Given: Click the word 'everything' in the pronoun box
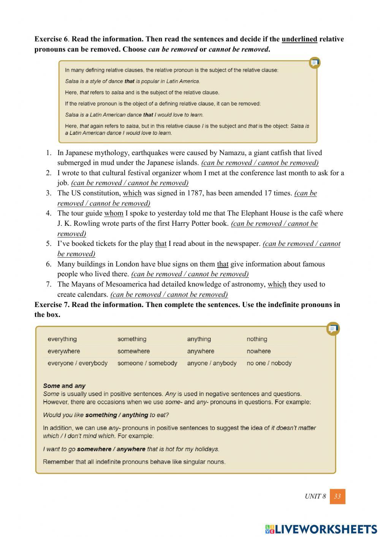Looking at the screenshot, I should point(62,339).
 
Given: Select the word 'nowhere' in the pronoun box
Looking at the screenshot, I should point(258,351).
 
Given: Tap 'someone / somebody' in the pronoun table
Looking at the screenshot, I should point(147,363).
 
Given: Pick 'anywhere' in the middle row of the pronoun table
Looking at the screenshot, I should point(200,351).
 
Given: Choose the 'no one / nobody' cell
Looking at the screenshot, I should point(269,363).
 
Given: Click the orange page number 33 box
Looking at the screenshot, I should point(337,496).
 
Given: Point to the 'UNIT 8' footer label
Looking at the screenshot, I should point(315,496).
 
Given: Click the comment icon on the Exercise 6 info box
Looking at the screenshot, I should point(314,63).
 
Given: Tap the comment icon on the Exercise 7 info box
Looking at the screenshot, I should point(333,329).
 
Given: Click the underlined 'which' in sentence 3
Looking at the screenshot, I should point(132,193).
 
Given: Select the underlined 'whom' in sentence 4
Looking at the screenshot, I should point(114,213).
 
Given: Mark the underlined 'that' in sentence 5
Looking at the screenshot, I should point(161,244).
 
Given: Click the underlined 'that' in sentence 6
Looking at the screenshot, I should point(223,264).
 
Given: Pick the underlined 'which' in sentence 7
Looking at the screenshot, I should point(277,284).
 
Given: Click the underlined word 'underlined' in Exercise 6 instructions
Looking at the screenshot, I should point(299,39).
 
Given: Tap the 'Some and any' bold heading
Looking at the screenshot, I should point(64,386).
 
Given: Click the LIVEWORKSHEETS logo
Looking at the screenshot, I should point(321,529).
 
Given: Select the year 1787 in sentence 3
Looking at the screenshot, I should point(195,193).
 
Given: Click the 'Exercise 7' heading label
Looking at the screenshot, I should point(51,305).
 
